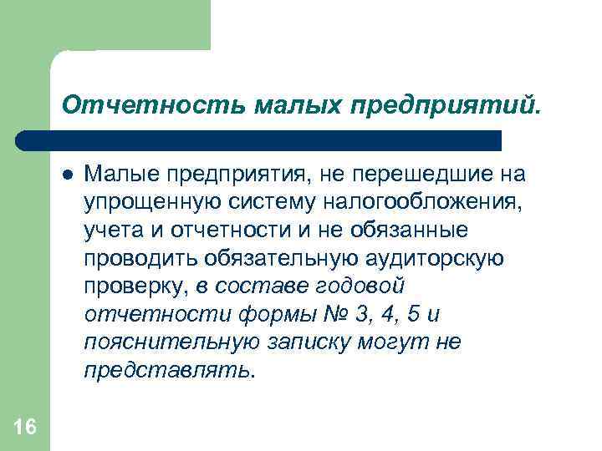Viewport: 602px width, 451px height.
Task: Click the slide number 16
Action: (x=25, y=428)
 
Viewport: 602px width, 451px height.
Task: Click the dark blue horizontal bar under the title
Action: (x=259, y=139)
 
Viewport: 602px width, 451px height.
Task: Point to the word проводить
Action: (x=138, y=257)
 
